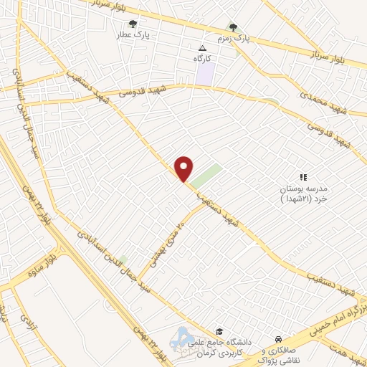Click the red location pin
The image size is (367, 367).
(184, 168)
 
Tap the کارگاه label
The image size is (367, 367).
(201, 57)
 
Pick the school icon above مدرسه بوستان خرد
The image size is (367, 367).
(302, 176)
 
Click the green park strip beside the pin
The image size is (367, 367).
(207, 173)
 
